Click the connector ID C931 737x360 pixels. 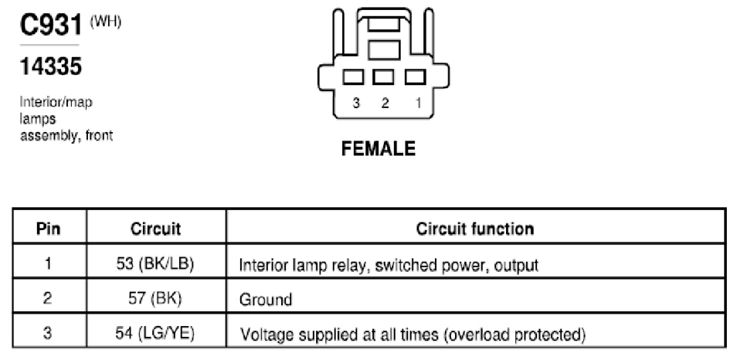pos(51,25)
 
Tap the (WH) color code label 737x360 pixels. pos(105,22)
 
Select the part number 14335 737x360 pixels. pos(51,66)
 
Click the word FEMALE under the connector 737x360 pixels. pos(379,148)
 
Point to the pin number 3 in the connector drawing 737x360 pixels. pos(356,103)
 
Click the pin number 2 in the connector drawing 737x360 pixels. pos(385,103)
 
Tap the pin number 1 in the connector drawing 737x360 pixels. pos(418,103)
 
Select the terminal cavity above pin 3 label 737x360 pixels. pos(353,77)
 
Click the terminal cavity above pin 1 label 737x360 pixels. pos(415,77)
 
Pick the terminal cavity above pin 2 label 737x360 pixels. pos(383,77)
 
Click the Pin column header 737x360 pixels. pos(49,229)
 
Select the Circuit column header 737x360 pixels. pos(155,229)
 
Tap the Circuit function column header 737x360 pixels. pos(475,229)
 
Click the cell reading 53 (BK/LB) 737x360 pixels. pos(155,264)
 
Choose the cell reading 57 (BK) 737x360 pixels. pos(155,298)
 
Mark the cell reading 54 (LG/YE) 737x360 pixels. pos(155,333)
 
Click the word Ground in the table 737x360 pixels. pos(266,300)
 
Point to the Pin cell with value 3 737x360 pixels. pos(47,333)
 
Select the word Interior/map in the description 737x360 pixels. pos(56,102)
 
